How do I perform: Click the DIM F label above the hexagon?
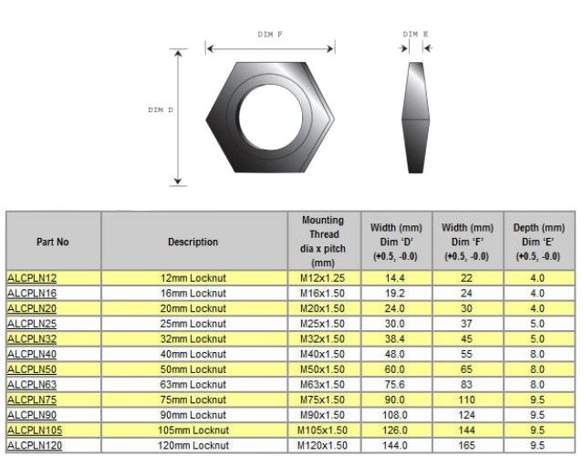(270, 35)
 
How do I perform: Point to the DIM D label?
(161, 110)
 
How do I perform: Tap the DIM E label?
(415, 34)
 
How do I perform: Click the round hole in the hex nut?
(270, 117)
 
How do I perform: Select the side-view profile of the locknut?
(416, 118)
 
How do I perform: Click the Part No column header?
(53, 242)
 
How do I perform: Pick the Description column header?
(193, 242)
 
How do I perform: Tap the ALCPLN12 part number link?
(32, 278)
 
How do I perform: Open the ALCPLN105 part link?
(35, 430)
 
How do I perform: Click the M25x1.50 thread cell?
(322, 324)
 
